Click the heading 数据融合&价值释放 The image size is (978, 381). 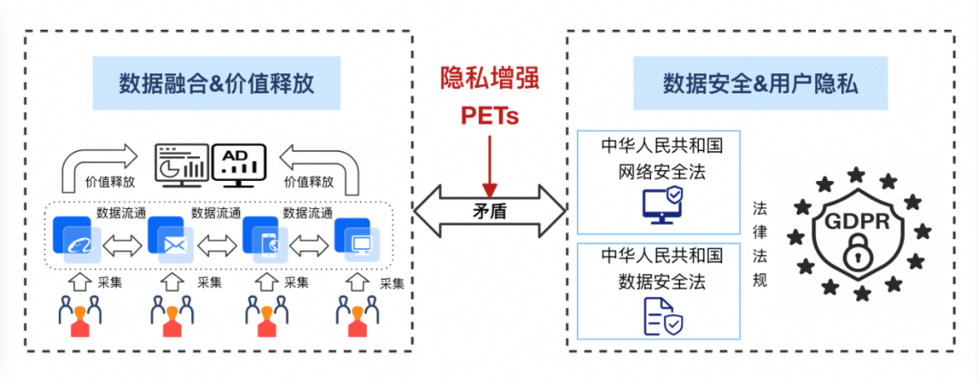click(216, 83)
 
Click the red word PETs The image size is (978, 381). click(489, 115)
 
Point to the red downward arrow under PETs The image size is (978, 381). click(489, 163)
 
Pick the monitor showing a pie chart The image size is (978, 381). click(180, 163)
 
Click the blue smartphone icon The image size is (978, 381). click(265, 242)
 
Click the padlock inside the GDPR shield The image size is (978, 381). click(855, 255)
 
